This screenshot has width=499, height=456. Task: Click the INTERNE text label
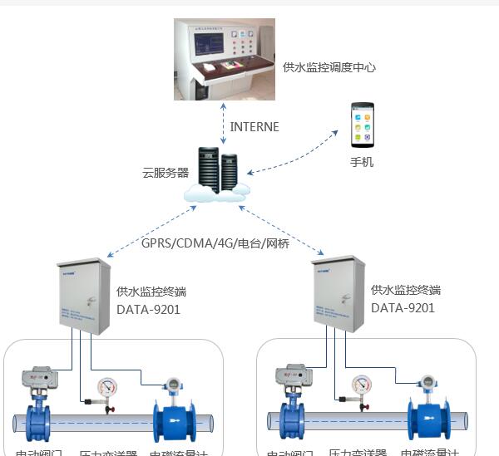(x=254, y=127)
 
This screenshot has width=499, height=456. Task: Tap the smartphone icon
(x=362, y=125)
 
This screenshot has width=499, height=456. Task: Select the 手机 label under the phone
(x=362, y=162)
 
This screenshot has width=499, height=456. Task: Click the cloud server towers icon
(x=217, y=171)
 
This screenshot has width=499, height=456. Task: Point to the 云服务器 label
(x=166, y=174)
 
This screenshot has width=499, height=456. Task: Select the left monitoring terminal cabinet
(x=84, y=296)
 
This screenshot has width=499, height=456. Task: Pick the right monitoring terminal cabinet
(x=338, y=296)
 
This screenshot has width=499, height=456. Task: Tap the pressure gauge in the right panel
(x=361, y=388)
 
